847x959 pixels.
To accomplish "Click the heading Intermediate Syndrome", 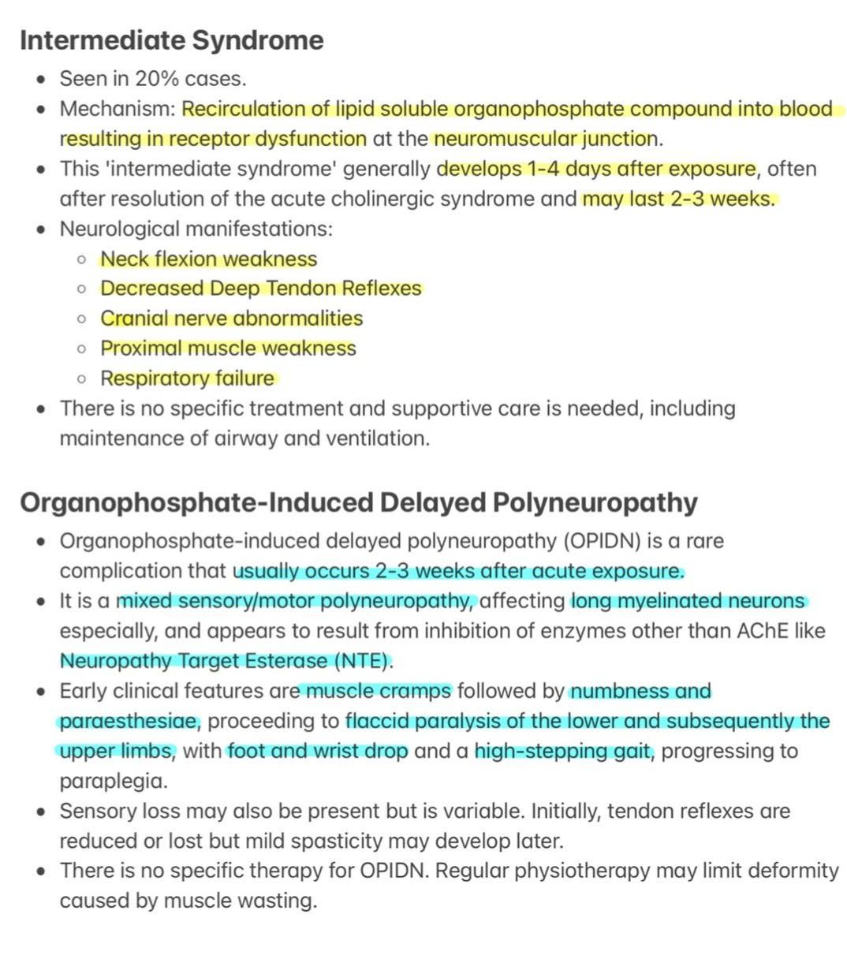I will [171, 40].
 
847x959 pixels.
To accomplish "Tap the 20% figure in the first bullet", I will [155, 79].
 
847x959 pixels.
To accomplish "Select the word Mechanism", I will [115, 109].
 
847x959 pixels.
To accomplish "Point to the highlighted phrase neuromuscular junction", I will [546, 139].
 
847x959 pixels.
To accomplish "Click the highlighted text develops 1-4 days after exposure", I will [595, 169].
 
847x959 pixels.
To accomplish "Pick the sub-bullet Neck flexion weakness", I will [208, 259].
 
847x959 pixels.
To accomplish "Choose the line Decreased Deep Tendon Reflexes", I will [260, 289].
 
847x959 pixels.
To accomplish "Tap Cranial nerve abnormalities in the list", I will [231, 319].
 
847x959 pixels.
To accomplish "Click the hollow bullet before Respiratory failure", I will [81, 379].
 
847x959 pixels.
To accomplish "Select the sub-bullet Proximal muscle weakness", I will [228, 349].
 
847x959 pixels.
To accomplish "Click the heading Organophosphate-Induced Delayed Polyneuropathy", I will [359, 503].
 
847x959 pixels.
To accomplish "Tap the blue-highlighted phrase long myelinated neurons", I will [688, 602].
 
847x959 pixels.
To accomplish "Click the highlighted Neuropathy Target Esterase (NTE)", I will [225, 661].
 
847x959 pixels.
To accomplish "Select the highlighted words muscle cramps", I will [379, 692].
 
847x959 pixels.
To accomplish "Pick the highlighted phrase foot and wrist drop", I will [317, 752].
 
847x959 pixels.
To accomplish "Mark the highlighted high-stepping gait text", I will [563, 752].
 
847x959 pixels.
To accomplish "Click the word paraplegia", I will [103, 782].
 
